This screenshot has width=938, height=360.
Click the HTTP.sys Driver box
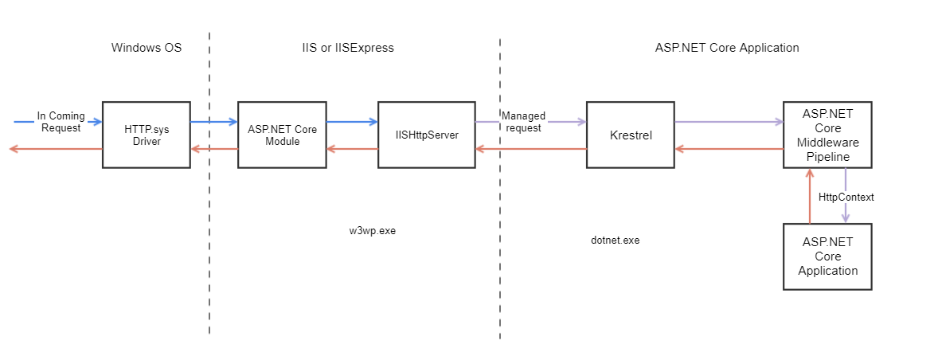pyautogui.click(x=146, y=135)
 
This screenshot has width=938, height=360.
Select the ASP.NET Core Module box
pyautogui.click(x=282, y=135)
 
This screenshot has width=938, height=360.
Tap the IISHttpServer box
pyautogui.click(x=426, y=135)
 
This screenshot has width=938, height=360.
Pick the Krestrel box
pyautogui.click(x=631, y=135)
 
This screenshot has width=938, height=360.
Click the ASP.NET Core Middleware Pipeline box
pyautogui.click(x=827, y=135)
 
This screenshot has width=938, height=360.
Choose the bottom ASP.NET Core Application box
pyautogui.click(x=827, y=256)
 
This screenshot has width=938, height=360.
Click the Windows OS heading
pyautogui.click(x=147, y=48)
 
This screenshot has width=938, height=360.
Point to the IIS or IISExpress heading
pyautogui.click(x=342, y=48)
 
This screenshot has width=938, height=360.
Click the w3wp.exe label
pyautogui.click(x=372, y=231)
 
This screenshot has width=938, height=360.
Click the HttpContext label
pyautogui.click(x=846, y=197)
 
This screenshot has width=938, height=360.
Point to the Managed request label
pyautogui.click(x=523, y=122)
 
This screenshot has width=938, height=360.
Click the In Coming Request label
pyautogui.click(x=61, y=122)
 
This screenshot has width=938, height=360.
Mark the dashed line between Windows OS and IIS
pyautogui.click(x=209, y=239)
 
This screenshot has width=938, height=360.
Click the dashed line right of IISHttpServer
pyautogui.click(x=500, y=239)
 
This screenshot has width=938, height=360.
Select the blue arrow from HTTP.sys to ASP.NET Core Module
pyautogui.click(x=213, y=122)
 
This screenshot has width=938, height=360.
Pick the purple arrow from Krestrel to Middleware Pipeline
pyautogui.click(x=729, y=122)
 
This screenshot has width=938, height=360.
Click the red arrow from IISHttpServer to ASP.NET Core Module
pyautogui.click(x=352, y=149)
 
